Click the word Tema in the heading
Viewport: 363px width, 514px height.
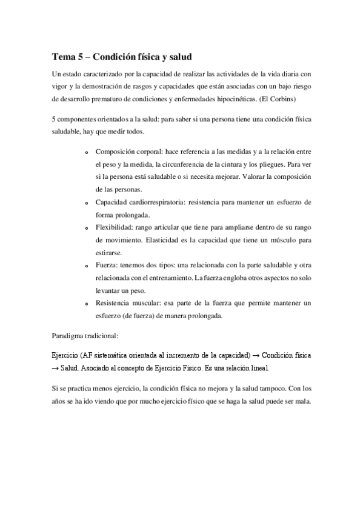(62, 57)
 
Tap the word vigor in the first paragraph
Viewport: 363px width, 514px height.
(61, 86)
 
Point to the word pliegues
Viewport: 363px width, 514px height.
(262, 164)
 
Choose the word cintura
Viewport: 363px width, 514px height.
(221, 164)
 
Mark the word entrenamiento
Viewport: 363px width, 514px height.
(168, 278)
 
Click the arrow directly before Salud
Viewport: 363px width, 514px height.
(55, 367)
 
